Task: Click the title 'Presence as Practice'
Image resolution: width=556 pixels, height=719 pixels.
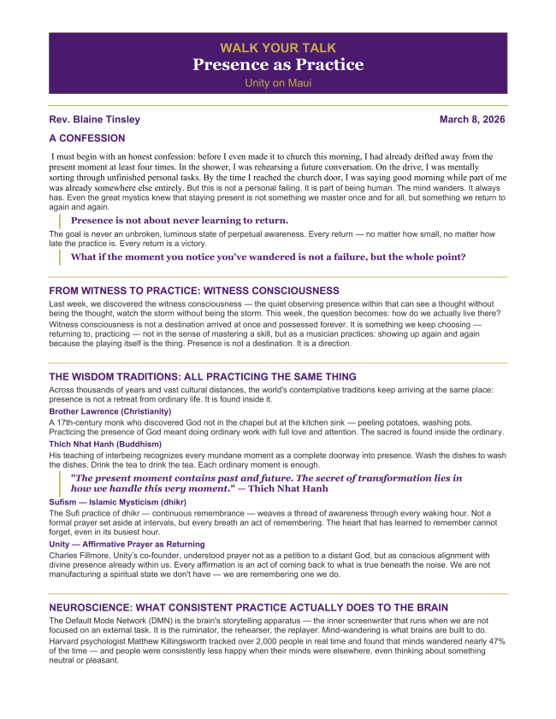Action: (x=278, y=65)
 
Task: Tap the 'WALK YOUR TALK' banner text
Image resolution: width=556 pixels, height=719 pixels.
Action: (x=278, y=48)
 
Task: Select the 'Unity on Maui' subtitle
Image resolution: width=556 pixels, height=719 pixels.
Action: (x=278, y=83)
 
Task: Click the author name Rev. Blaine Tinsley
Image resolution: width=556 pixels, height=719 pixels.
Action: (x=95, y=120)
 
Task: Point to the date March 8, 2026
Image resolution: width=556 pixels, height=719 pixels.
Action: (x=472, y=120)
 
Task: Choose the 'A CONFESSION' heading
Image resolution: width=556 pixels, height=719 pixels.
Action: (x=87, y=138)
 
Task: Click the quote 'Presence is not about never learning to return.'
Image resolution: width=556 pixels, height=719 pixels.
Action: (x=179, y=220)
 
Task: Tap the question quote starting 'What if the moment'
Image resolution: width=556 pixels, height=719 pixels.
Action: (x=268, y=256)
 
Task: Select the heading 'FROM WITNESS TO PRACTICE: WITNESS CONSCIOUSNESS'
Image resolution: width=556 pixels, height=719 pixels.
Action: (x=194, y=291)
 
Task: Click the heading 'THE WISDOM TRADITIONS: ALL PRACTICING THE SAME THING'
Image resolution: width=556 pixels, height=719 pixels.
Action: (x=203, y=377)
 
